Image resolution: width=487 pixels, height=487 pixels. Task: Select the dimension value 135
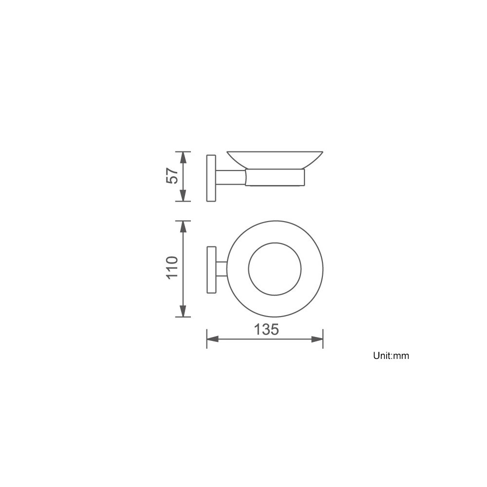266,329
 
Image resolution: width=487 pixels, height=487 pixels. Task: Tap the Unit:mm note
391,356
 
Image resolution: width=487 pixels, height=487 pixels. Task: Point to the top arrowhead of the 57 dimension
183,158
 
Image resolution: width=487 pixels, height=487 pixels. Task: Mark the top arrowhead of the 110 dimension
183,227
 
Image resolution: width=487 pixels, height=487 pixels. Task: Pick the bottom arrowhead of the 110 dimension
183,311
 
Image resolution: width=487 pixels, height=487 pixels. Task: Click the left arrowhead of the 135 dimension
213,339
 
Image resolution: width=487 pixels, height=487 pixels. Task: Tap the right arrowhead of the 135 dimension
317,339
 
